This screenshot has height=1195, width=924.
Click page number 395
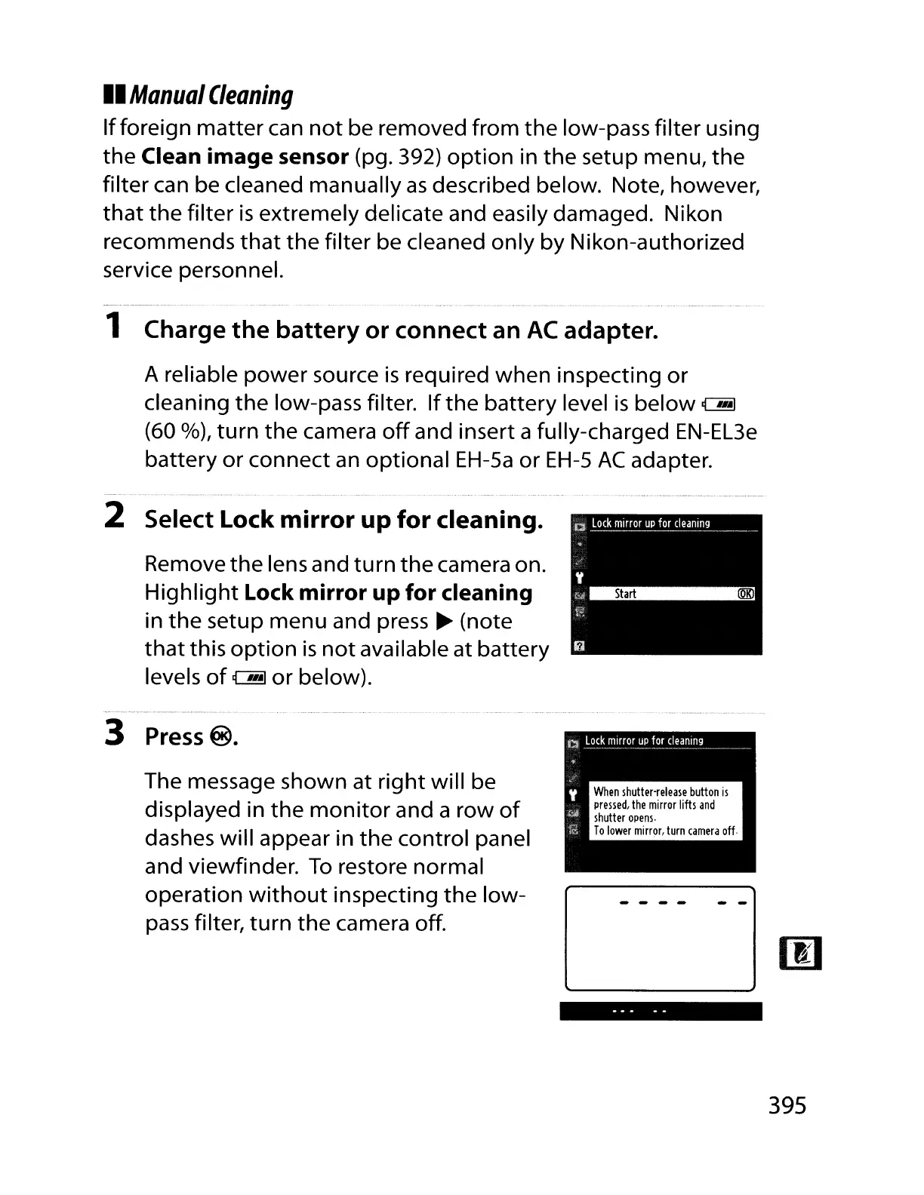coord(787,1106)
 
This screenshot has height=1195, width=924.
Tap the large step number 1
coord(113,325)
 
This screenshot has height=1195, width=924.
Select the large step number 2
coord(114,515)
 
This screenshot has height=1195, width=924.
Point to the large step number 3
coord(114,733)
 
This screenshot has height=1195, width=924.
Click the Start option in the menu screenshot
coord(625,594)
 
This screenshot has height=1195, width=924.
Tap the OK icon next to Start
coord(746,594)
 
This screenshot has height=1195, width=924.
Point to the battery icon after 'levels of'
coord(249,678)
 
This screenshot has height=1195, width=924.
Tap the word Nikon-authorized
coord(657,242)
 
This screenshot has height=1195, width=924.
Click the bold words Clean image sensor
coord(245,157)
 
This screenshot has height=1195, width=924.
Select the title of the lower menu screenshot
coord(643,741)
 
